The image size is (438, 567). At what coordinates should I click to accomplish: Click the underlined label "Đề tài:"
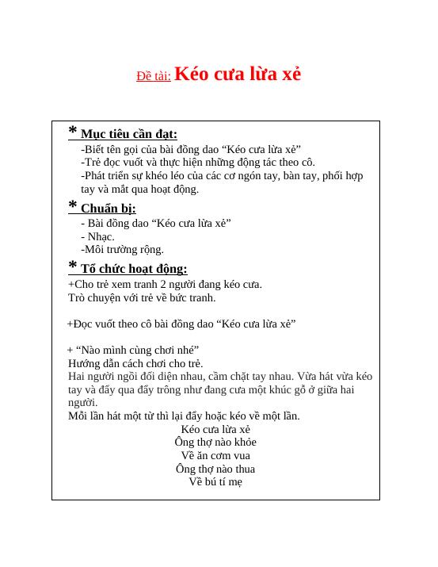154,76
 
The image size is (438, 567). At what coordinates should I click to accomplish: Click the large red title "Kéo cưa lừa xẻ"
237,74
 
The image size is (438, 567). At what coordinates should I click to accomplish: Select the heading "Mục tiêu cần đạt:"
129,134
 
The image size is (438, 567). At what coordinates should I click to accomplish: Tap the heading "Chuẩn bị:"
109,209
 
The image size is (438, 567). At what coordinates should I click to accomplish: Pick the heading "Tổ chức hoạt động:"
134,269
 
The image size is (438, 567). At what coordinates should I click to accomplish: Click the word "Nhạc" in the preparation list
101,236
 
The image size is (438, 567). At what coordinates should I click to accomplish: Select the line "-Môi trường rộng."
122,249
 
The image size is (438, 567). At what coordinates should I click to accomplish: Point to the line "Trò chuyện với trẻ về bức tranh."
142,297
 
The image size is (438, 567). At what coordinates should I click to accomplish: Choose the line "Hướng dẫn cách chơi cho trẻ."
135,363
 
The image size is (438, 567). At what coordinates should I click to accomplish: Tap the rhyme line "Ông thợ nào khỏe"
215,442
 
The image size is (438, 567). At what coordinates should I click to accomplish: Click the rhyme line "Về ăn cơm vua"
215,455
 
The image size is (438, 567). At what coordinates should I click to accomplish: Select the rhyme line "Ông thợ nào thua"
215,469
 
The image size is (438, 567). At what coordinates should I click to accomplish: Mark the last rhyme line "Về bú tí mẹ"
215,481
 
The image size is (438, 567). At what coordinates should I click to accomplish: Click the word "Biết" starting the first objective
93,149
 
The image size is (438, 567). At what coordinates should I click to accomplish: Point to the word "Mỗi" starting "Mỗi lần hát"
78,416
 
